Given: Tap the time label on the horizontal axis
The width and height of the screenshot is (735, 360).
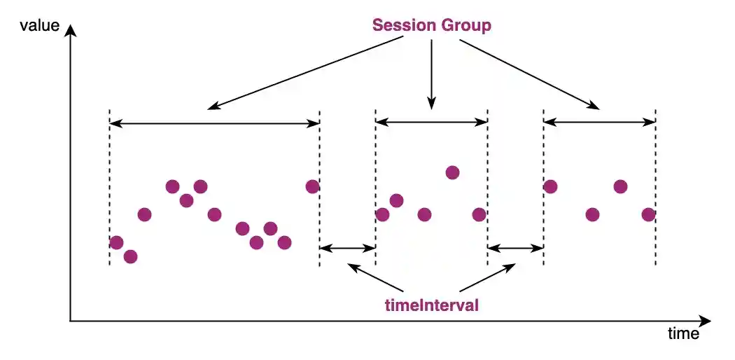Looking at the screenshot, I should coord(683,333).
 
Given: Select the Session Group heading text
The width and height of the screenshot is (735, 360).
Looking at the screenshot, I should coord(431,26).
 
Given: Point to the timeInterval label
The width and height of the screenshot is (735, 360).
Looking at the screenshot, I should coord(432,305).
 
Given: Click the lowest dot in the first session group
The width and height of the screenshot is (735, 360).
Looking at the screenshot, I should coord(130,256).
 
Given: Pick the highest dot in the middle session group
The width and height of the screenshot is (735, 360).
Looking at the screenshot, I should coord(452,172).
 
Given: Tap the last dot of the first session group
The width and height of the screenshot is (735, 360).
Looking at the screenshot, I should coord(312,186).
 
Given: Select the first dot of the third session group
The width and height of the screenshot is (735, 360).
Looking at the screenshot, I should coord(550,186).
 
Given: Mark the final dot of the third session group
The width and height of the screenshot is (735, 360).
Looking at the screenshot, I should coord(648,214).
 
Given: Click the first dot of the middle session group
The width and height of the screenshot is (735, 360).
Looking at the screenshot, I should coord(382,214).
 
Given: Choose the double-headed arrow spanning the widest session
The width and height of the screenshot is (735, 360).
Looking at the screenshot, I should coord(214,123).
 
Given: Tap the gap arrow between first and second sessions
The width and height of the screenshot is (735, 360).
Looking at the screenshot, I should coord(347,247).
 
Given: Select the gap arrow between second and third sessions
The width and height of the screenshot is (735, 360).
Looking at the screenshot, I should coord(515,247).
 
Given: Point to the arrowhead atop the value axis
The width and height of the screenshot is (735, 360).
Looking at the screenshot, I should coord(70,32).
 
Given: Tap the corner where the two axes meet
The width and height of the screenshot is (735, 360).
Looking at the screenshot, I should coord(70,321).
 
